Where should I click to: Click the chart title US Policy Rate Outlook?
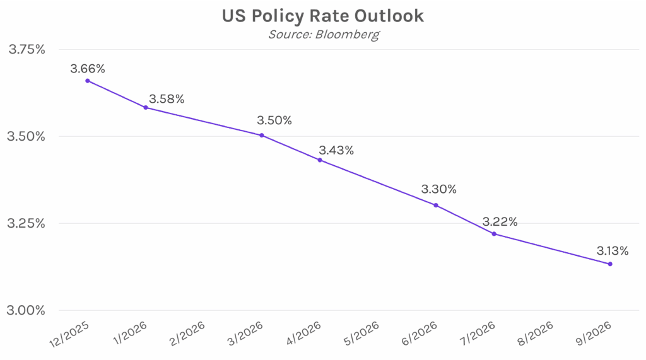323,16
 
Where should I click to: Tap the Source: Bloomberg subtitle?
323,34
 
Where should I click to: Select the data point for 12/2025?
87,81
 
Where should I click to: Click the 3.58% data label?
167,99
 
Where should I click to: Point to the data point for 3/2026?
262,135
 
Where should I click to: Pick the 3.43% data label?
336,151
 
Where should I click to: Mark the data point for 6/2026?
436,205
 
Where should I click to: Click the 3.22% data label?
500,222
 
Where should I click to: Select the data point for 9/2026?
610,264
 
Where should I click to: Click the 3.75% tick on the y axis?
26,50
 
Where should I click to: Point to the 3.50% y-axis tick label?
26,137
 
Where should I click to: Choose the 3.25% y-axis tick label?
26,224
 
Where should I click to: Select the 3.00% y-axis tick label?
26,311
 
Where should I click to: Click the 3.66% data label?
88,67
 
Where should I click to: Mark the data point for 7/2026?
494,234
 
